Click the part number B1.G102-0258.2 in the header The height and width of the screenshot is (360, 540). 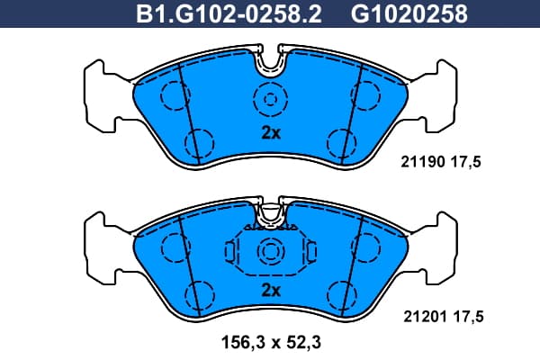[x=229, y=13]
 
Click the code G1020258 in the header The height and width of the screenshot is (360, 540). [x=409, y=13]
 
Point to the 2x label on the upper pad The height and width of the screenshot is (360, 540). [x=271, y=132]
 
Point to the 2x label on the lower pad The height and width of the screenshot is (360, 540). [x=271, y=291]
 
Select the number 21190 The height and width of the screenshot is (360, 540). [x=423, y=162]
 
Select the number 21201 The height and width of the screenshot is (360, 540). [x=426, y=316]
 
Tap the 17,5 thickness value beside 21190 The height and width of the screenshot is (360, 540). [x=465, y=162]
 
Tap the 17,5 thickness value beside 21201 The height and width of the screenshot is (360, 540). [x=468, y=316]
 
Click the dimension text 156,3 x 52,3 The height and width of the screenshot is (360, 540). [x=271, y=342]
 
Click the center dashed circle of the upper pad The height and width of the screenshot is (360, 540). [x=270, y=100]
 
